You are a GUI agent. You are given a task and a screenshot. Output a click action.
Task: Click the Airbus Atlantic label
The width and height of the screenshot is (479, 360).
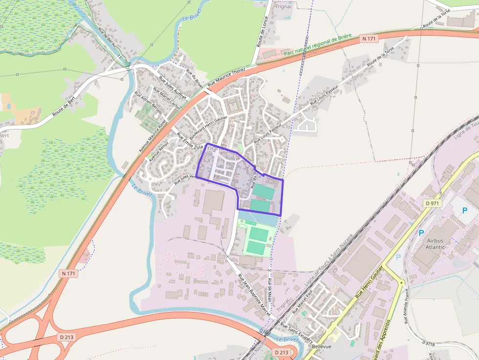click(x=435, y=244)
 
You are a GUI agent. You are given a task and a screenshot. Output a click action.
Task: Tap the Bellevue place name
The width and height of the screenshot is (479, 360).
click(x=321, y=346)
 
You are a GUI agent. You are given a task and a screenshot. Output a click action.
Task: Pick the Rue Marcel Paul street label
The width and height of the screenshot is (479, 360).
click(x=302, y=304)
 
